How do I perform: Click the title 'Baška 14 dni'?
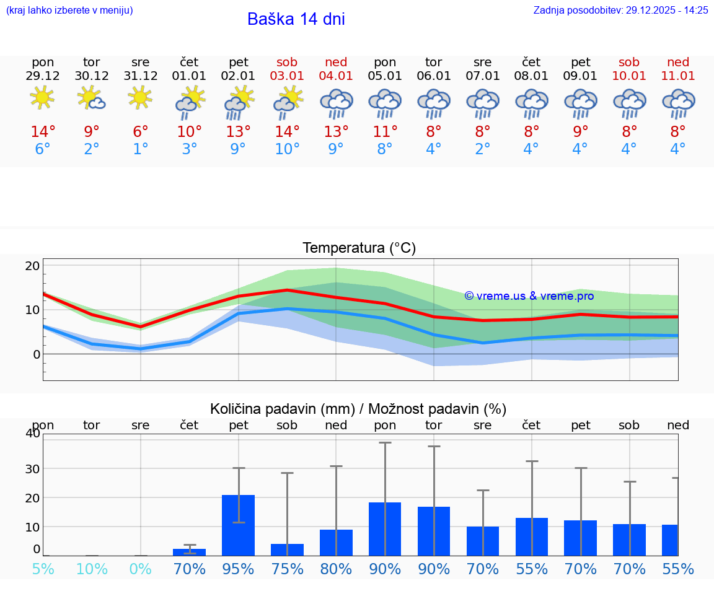pyautogui.click(x=296, y=19)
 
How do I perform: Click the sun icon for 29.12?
pyautogui.click(x=42, y=97)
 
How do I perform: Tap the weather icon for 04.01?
pyautogui.click(x=336, y=103)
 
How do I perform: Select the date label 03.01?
pyautogui.click(x=287, y=76)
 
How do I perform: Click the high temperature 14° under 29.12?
pyautogui.click(x=43, y=131)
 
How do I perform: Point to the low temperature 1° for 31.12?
pyautogui.click(x=141, y=149)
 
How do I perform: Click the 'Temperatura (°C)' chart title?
pyautogui.click(x=359, y=248)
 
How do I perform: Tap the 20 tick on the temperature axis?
pyautogui.click(x=32, y=266)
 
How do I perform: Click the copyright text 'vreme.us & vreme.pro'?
pyautogui.click(x=529, y=296)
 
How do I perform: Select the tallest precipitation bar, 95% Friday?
pyautogui.click(x=238, y=525)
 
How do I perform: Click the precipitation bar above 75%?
pyautogui.click(x=287, y=549)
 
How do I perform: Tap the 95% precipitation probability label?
pyautogui.click(x=238, y=569)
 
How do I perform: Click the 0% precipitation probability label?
pyautogui.click(x=141, y=569)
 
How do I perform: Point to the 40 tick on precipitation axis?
pyautogui.click(x=33, y=433)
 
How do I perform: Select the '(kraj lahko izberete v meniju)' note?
pyautogui.click(x=69, y=10)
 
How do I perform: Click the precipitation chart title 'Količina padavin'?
pyautogui.click(x=358, y=409)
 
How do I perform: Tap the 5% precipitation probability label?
pyautogui.click(x=43, y=569)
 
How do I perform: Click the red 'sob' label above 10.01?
pyautogui.click(x=629, y=62)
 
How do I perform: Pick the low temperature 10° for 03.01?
pyautogui.click(x=287, y=149)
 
